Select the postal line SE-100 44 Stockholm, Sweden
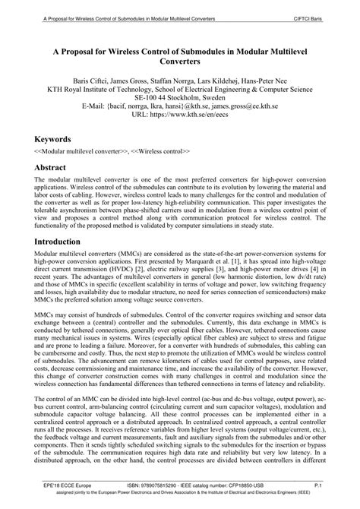click(180, 101)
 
